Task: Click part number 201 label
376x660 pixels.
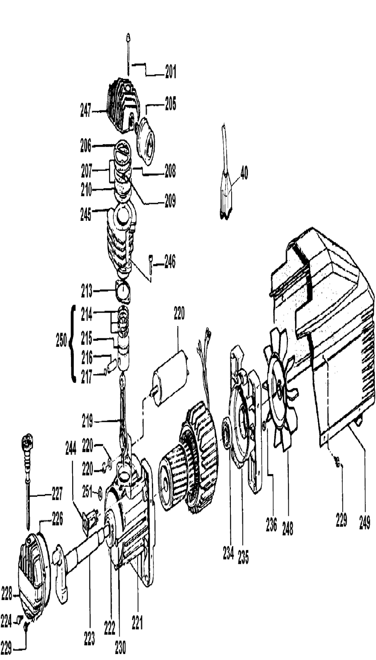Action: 171,71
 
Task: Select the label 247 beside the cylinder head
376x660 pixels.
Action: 86,111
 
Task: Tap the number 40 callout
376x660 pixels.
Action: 244,174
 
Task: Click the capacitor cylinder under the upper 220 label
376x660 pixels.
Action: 169,377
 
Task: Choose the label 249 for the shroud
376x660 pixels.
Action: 364,523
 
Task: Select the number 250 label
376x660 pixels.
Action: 62,341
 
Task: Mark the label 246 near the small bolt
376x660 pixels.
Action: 170,262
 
